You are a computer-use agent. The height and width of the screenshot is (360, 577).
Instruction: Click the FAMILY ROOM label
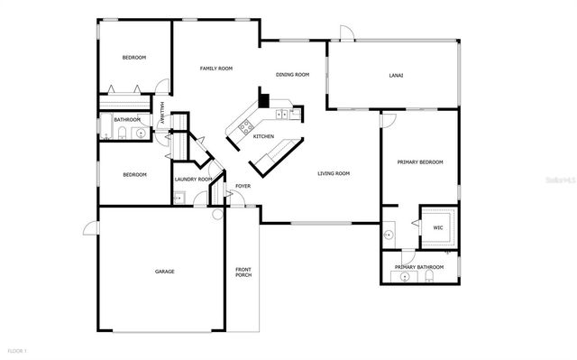(216, 69)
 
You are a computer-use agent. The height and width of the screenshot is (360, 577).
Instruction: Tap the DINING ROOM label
(292, 75)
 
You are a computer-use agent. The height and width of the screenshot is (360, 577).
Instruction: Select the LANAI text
(395, 75)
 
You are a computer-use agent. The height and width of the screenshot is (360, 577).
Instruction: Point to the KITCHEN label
(263, 136)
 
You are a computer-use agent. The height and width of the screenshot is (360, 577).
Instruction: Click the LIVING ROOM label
(334, 174)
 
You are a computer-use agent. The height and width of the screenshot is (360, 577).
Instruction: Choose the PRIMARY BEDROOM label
(420, 162)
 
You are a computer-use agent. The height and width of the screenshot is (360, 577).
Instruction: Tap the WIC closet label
(437, 228)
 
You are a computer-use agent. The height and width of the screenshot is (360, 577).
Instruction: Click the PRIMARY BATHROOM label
(419, 267)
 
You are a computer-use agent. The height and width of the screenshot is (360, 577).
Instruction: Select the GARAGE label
(164, 271)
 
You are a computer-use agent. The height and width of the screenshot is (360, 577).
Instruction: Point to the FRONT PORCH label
(243, 273)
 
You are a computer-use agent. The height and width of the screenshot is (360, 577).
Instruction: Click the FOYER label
(243, 186)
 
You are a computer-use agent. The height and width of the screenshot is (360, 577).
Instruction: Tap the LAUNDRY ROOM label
(193, 180)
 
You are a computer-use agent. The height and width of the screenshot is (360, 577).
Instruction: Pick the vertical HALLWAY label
(161, 113)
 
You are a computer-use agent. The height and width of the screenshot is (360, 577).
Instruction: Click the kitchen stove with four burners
(244, 127)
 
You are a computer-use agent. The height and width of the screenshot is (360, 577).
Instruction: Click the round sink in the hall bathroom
(139, 134)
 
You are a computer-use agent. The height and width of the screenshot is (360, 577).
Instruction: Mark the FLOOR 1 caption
(18, 349)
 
